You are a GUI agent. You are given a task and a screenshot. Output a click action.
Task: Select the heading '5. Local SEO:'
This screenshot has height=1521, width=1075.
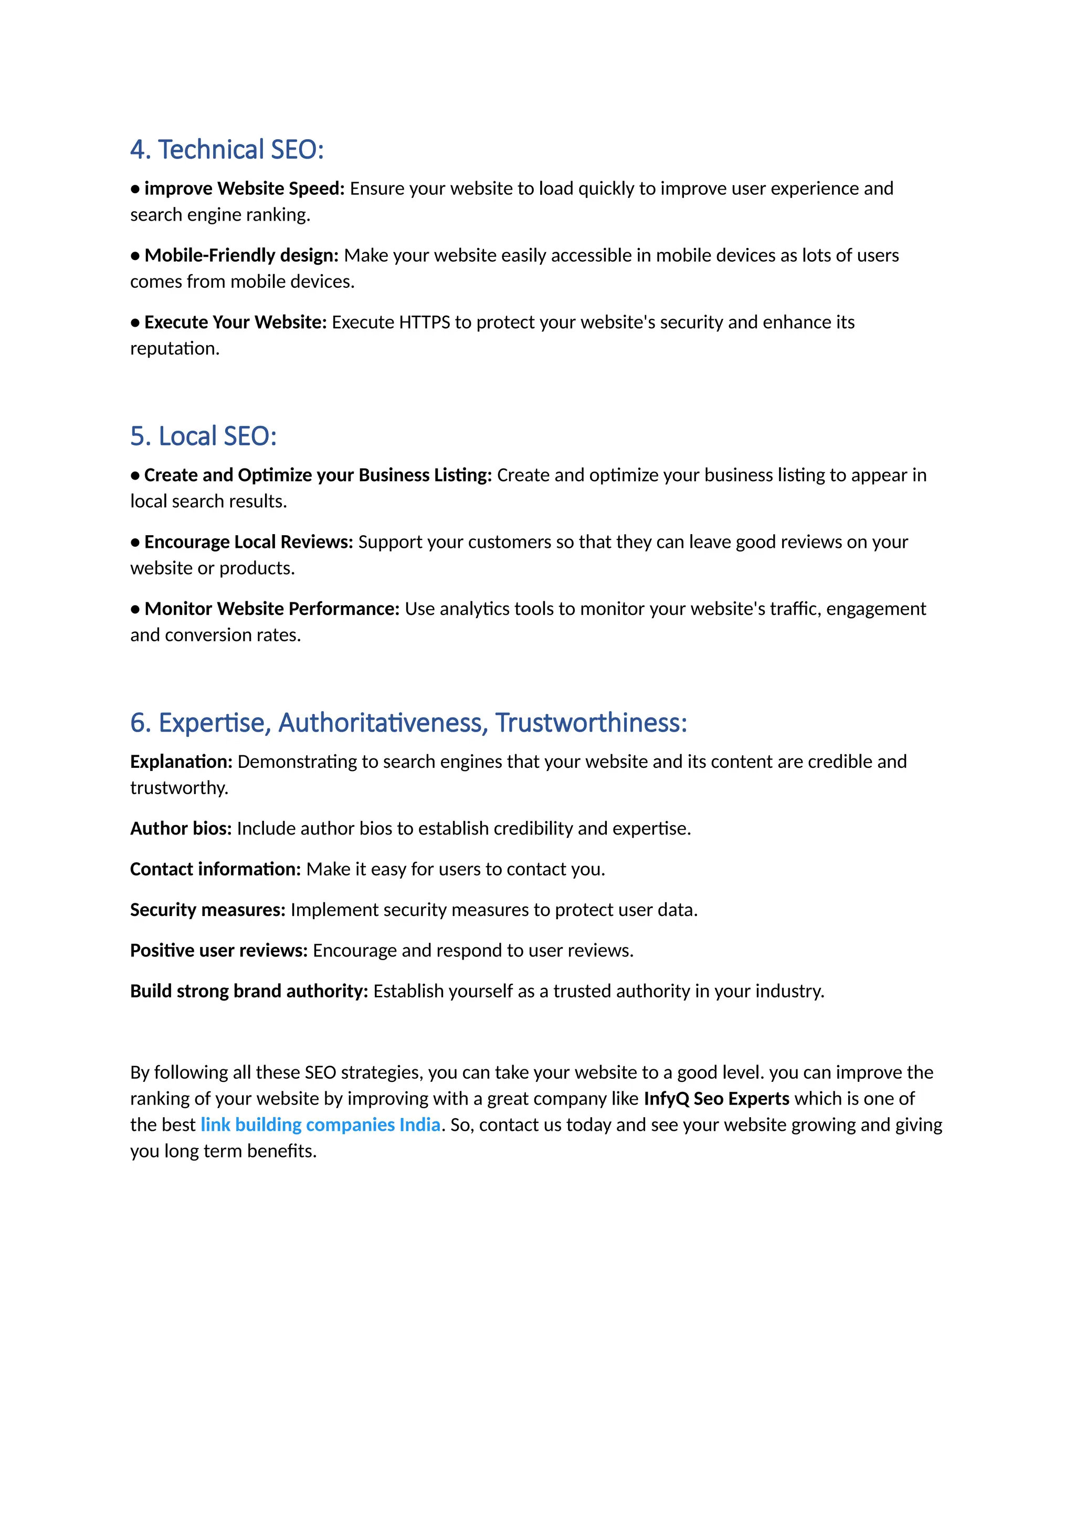pyautogui.click(x=203, y=436)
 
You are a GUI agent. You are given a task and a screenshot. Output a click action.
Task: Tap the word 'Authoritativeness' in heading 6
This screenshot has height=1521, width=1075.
pyautogui.click(x=383, y=723)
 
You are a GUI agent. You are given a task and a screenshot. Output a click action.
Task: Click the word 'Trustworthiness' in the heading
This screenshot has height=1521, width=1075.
pyautogui.click(x=591, y=723)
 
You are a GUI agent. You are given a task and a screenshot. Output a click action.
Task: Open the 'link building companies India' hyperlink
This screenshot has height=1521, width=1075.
pyautogui.click(x=320, y=1125)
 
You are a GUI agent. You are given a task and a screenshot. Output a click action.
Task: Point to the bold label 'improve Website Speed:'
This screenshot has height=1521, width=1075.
pyautogui.click(x=244, y=189)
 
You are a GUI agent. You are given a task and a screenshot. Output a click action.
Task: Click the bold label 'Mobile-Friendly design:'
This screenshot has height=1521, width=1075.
pyautogui.click(x=241, y=256)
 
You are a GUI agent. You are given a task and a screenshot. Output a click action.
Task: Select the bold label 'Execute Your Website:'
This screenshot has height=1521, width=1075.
pyautogui.click(x=236, y=322)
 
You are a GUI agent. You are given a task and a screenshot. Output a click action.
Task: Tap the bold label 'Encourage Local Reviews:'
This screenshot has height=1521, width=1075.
pyautogui.click(x=249, y=543)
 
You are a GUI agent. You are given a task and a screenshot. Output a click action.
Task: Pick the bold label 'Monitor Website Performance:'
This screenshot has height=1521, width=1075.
pyautogui.click(x=272, y=609)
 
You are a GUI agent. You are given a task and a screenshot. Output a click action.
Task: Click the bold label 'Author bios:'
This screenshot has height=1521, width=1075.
pyautogui.click(x=181, y=829)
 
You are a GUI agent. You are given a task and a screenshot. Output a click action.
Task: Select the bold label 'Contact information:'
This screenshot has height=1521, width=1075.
pyautogui.click(x=215, y=869)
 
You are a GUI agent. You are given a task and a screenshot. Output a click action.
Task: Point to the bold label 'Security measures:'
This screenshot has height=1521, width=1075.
pyautogui.click(x=207, y=910)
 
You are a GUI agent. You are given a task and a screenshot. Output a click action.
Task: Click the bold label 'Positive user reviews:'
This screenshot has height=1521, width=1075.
pyautogui.click(x=218, y=951)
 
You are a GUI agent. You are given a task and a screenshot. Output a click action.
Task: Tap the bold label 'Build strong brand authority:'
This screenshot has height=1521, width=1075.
pyautogui.click(x=249, y=991)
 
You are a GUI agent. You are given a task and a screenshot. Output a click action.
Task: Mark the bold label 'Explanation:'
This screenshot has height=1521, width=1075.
pyautogui.click(x=181, y=762)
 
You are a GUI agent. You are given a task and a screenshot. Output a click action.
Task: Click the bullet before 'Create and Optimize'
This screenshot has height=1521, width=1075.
pyautogui.click(x=135, y=476)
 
